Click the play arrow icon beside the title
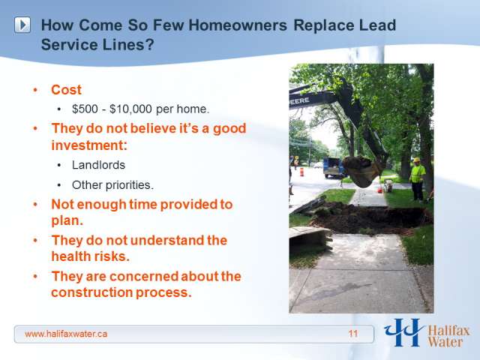point(22,25)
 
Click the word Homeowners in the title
point(238,25)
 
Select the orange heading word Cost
point(66,90)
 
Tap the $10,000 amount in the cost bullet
point(130,109)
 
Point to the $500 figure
point(85,109)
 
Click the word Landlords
point(98,165)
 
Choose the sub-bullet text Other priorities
point(112,185)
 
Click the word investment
point(89,145)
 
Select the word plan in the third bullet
point(67,221)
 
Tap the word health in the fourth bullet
point(72,256)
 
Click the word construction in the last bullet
point(91,292)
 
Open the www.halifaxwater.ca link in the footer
point(66,334)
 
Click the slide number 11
point(353,333)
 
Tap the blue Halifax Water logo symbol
point(404,332)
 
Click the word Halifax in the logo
point(448,331)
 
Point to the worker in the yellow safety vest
point(417,180)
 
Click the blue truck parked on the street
point(333,167)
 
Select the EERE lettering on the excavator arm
point(300,101)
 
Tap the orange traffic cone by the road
point(301,172)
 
